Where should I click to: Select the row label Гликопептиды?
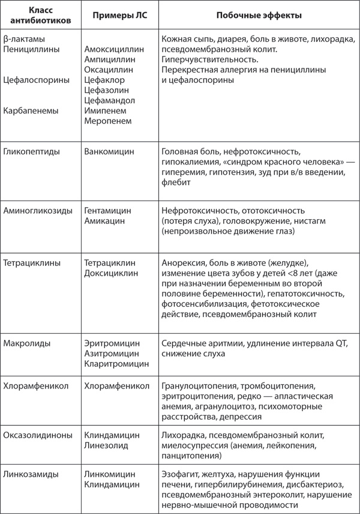(31, 152)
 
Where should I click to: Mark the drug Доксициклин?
(111, 273)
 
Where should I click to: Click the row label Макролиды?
(27, 343)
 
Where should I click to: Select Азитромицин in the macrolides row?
(112, 353)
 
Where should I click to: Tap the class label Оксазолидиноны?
(38, 434)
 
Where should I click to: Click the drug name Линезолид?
(107, 444)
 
